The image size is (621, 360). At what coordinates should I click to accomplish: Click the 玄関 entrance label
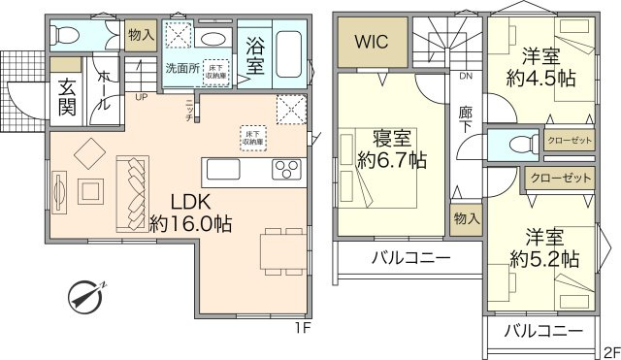click(65, 96)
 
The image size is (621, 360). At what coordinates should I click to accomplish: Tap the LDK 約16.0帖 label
click(189, 213)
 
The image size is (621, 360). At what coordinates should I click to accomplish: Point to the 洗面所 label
click(180, 69)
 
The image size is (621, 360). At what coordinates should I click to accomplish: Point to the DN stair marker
click(466, 76)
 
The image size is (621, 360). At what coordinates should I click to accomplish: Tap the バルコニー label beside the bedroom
click(409, 259)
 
